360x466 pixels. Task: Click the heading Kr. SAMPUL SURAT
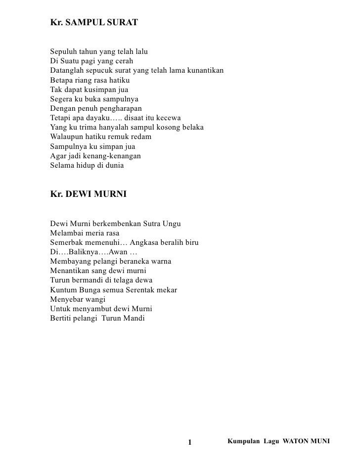click(94, 23)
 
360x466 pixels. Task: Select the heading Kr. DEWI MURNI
click(89, 195)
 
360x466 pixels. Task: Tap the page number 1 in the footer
click(191, 442)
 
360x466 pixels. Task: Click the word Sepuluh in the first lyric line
click(63, 52)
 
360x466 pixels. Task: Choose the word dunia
click(113, 165)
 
